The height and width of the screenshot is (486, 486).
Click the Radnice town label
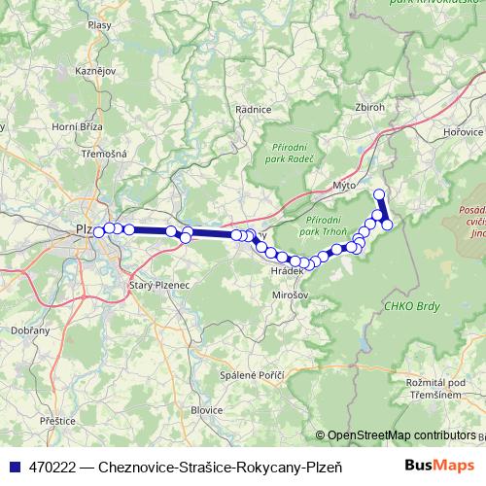(x=253, y=110)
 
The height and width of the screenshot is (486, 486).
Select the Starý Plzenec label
(x=155, y=285)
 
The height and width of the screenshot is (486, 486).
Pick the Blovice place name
(x=206, y=410)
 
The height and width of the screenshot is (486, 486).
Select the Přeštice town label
(x=58, y=420)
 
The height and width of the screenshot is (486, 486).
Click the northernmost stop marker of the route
(x=379, y=194)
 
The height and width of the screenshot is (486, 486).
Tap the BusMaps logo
(x=438, y=466)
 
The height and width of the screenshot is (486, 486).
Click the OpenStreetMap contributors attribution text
(x=401, y=435)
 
